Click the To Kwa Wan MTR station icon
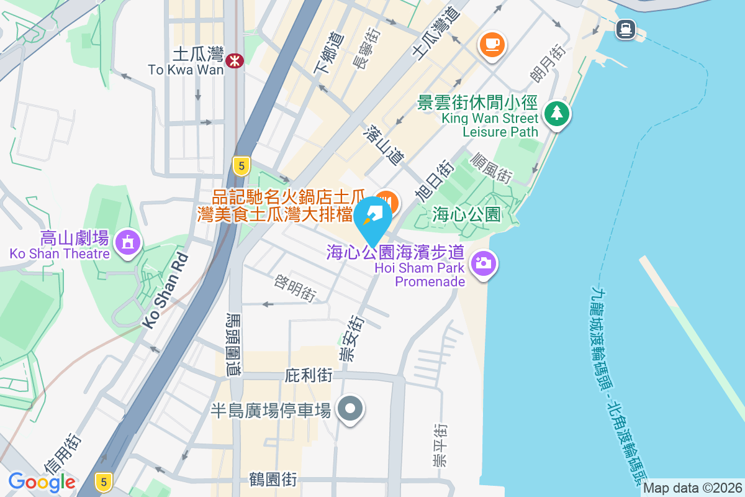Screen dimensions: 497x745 [x=235, y=60]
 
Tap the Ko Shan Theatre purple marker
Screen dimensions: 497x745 [x=128, y=242]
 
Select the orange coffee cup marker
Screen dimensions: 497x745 [x=492, y=44]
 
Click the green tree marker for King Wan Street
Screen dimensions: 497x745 [x=557, y=114]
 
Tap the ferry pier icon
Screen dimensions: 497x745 [x=625, y=28]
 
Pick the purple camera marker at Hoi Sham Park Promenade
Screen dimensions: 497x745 [x=483, y=263]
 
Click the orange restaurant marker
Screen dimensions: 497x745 [x=388, y=202]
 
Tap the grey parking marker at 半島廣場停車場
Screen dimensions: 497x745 [x=350, y=409]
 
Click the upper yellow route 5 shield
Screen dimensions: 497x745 [x=242, y=165]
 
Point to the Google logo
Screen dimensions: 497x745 [x=42, y=481]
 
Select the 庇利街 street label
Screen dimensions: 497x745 [x=309, y=376]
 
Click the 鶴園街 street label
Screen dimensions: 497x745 [x=273, y=480]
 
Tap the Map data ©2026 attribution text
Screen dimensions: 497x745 [x=692, y=488]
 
